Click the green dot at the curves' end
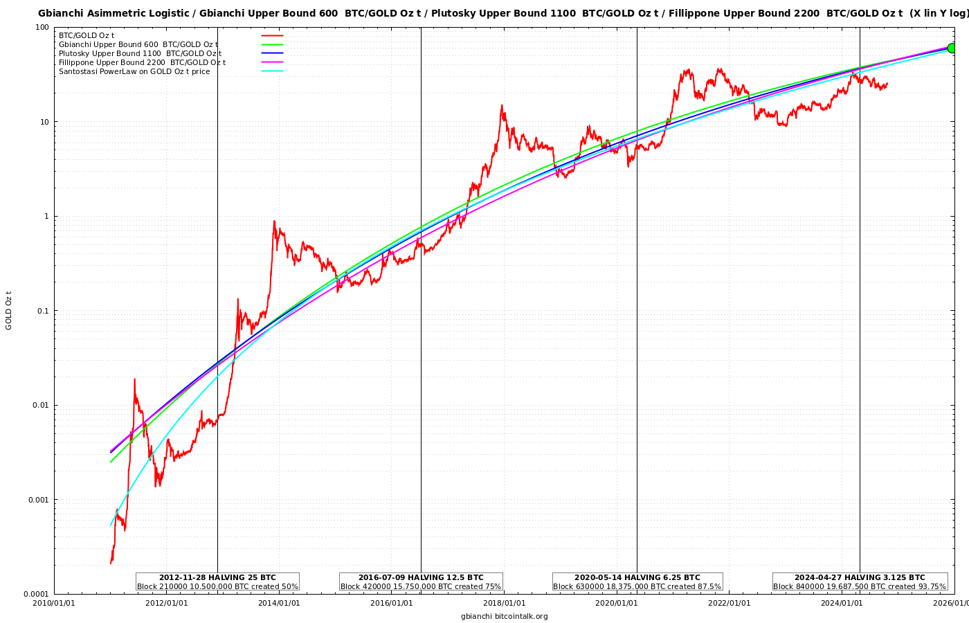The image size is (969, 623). pyautogui.click(x=952, y=48)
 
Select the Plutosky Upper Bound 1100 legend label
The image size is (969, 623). pyautogui.click(x=140, y=53)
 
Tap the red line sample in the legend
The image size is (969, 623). pyautogui.click(x=272, y=35)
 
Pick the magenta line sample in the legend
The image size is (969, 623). pyautogui.click(x=272, y=62)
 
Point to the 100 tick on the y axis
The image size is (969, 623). pyautogui.click(x=42, y=27)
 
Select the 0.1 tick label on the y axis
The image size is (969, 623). pyautogui.click(x=41, y=311)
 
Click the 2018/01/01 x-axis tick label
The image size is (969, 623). pyautogui.click(x=504, y=603)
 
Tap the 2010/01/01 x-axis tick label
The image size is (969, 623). pyautogui.click(x=54, y=603)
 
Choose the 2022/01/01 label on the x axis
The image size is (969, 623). pyautogui.click(x=729, y=603)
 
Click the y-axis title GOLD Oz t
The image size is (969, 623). pyautogui.click(x=9, y=310)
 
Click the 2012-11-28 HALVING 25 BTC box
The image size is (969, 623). pyautogui.click(x=217, y=581)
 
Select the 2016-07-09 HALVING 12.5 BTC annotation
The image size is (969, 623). pyautogui.click(x=421, y=581)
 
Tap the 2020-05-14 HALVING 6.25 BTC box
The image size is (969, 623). pyautogui.click(x=637, y=581)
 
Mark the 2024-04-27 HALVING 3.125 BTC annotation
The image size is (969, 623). pyautogui.click(x=860, y=581)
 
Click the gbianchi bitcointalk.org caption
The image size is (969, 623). pyautogui.click(x=504, y=616)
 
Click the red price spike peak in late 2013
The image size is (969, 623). pyautogui.click(x=274, y=221)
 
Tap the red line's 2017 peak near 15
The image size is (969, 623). pyautogui.click(x=502, y=105)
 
